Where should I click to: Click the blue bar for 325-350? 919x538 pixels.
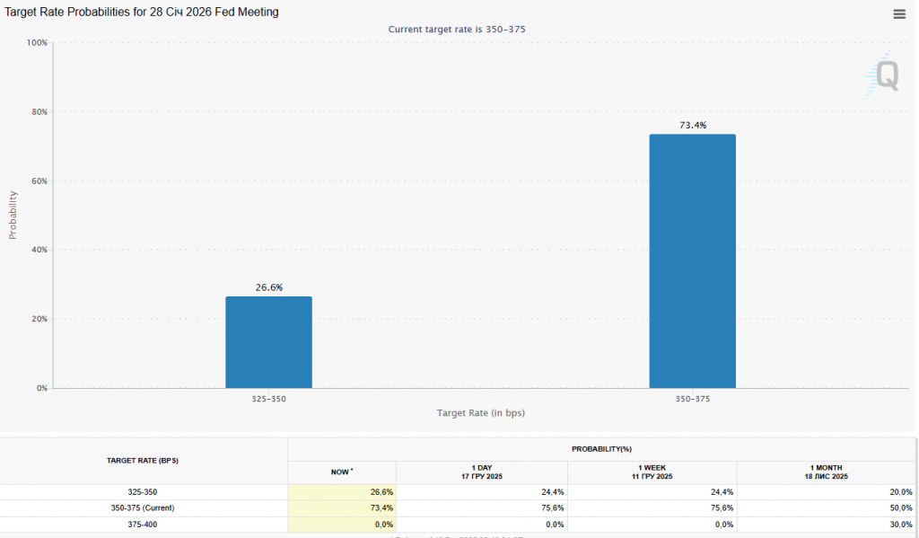coord(268,342)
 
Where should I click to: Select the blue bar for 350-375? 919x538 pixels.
coord(692,261)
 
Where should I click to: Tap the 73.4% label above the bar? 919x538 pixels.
coord(692,126)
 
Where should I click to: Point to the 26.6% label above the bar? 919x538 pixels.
coord(268,287)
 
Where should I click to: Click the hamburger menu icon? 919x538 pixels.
coord(899,13)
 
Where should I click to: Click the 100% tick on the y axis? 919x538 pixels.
coord(37,43)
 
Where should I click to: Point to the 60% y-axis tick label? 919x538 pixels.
coord(39,181)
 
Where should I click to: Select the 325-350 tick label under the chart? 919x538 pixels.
coord(268,398)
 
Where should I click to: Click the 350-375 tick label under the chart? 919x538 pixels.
coord(692,398)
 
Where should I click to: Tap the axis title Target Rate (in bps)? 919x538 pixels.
coord(480,413)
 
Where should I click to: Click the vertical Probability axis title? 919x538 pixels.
coord(13,215)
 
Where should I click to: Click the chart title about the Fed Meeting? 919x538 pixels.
coord(142,12)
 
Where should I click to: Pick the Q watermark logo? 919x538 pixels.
coord(886,75)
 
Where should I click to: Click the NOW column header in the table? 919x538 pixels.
coord(342,472)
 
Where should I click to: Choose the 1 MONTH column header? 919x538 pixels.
coord(827,472)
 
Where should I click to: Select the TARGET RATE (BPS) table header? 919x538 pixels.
coord(143,460)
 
